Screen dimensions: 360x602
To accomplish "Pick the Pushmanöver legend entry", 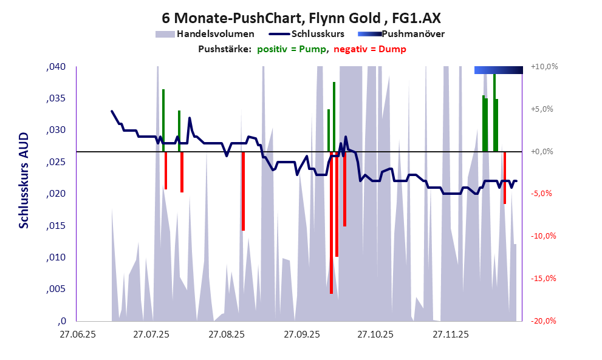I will pyautogui.click(x=412, y=34).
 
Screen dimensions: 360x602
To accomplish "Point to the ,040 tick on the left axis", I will pyautogui.click(x=56, y=67).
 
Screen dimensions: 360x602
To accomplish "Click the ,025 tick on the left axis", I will pyautogui.click(x=56, y=162).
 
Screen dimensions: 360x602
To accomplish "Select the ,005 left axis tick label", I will pyautogui.click(x=56, y=289).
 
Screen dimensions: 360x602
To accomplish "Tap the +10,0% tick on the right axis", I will pyautogui.click(x=544, y=67).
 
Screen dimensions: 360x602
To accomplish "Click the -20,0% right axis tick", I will pyautogui.click(x=544, y=321).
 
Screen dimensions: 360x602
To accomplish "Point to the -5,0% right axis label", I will pyautogui.click(x=544, y=194).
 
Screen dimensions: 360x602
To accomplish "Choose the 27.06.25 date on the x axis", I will pyautogui.click(x=77, y=335).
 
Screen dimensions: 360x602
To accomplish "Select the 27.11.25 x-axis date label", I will pyautogui.click(x=450, y=335).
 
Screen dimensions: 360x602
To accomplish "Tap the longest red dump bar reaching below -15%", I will pyautogui.click(x=331, y=243).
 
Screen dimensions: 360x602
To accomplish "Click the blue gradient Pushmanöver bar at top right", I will pyautogui.click(x=498, y=70).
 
